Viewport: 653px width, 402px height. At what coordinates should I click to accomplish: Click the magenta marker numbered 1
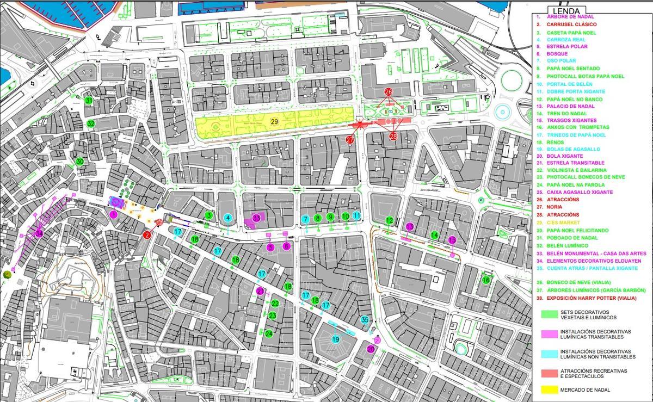(x=113, y=215)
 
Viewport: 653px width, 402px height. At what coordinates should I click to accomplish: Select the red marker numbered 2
(x=147, y=235)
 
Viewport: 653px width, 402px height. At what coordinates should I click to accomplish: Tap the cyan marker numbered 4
(x=228, y=218)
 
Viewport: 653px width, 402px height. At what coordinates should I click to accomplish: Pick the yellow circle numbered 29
(x=274, y=121)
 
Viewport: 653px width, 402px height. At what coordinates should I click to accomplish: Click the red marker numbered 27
(x=350, y=140)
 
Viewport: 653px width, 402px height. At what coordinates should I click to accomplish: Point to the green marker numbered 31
(x=89, y=101)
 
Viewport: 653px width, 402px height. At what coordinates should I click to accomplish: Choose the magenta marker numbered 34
(x=39, y=233)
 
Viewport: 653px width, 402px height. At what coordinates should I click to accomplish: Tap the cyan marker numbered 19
(x=336, y=339)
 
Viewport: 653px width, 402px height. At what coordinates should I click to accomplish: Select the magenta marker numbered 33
(x=256, y=218)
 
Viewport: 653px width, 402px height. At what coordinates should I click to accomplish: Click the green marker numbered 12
(x=389, y=220)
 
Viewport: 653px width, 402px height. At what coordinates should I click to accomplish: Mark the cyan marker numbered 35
(x=365, y=320)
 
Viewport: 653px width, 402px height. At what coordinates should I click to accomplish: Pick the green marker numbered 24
(x=269, y=333)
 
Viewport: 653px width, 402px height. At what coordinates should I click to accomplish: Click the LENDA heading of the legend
(x=566, y=11)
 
